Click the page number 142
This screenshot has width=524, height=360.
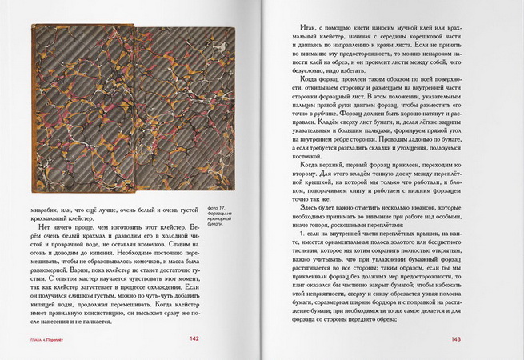194,338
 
